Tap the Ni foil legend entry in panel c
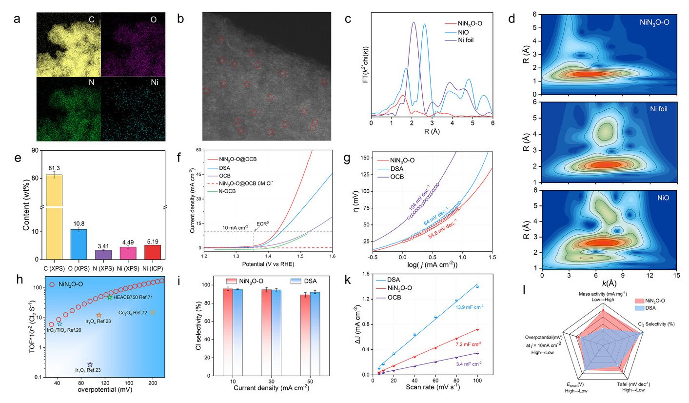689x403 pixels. point(467,40)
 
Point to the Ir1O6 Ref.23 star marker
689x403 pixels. point(90,364)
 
